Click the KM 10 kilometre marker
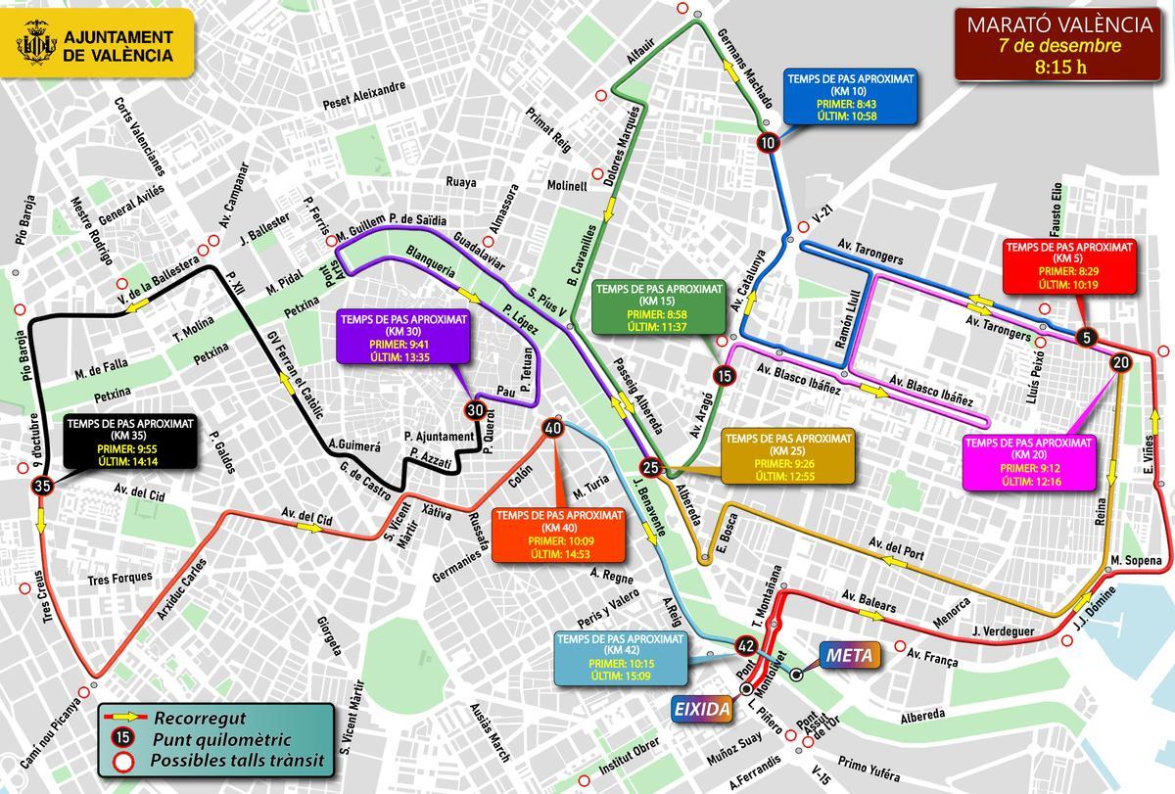pos(769,143)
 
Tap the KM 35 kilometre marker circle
pos(41,486)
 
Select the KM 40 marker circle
pos(552,428)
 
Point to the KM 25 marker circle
pos(650,467)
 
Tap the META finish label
pos(848,654)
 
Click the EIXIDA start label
pos(700,708)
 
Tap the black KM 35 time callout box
pos(130,442)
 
